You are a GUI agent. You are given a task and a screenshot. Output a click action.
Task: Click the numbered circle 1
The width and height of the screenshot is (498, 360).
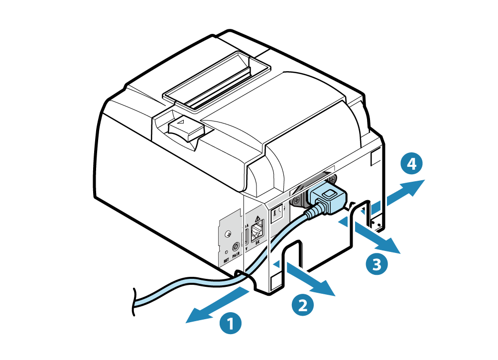coord(230,322)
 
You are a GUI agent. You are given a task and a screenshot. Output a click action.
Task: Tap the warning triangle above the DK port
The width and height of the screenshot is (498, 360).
coord(257,219)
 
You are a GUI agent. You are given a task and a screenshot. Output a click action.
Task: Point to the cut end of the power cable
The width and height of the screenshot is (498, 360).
coord(133,302)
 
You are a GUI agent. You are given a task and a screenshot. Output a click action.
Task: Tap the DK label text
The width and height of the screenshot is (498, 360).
coord(257,243)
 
